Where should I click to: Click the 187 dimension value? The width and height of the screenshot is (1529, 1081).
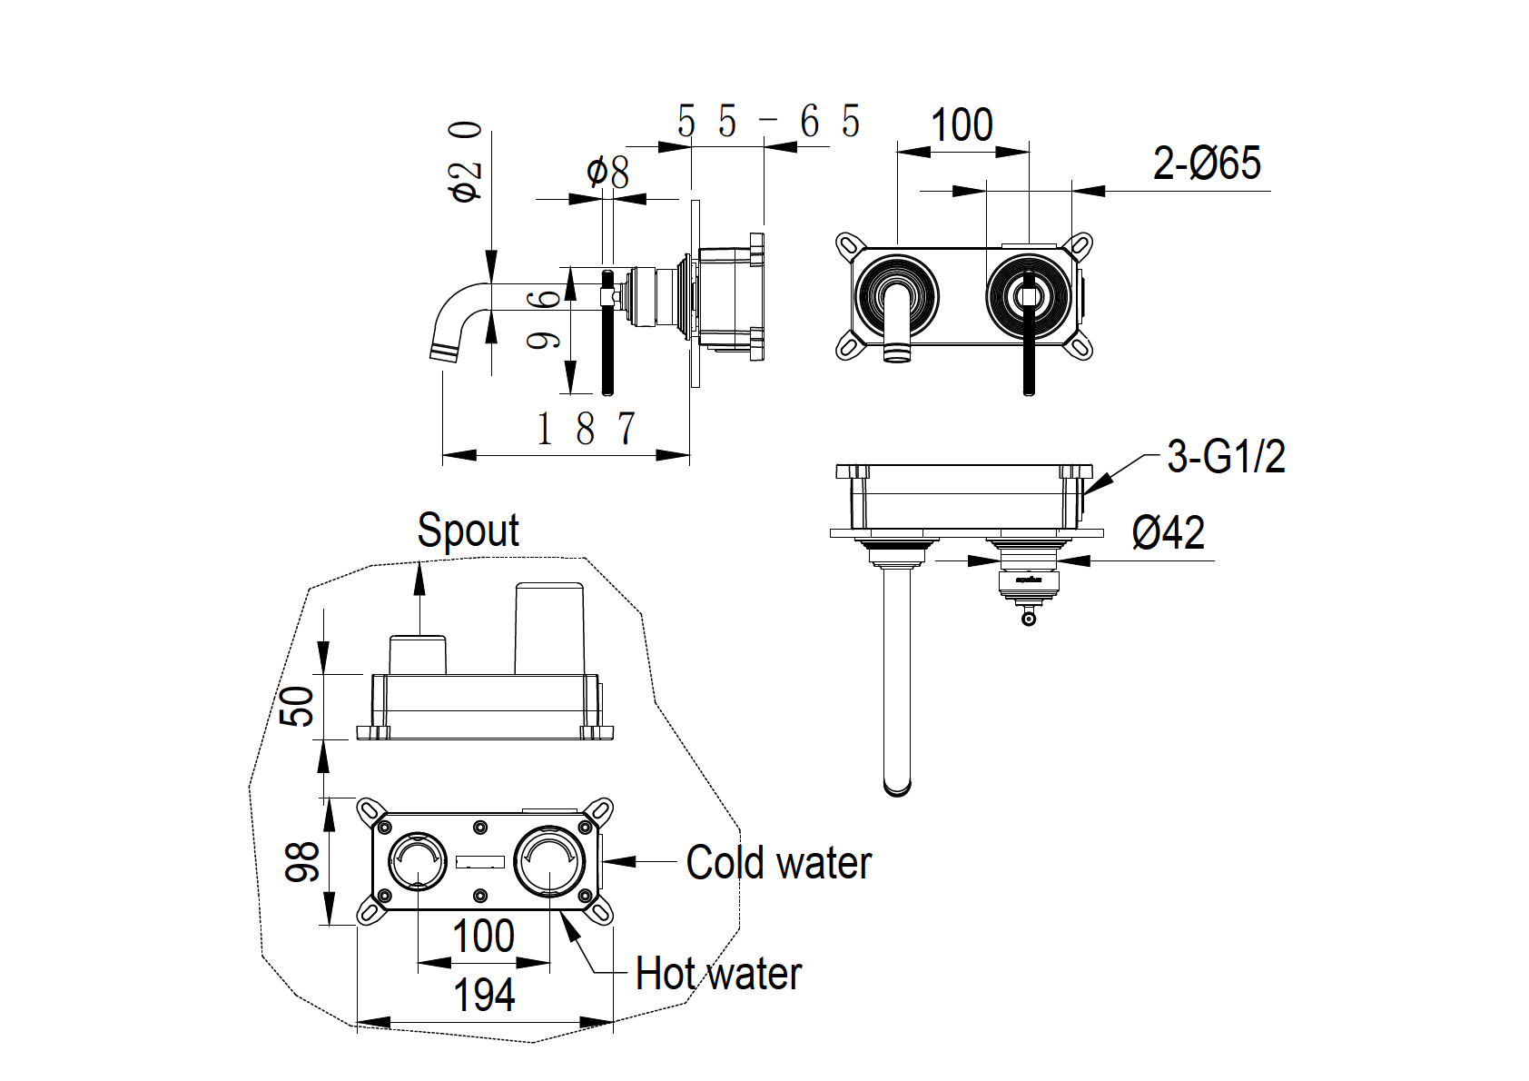(x=586, y=429)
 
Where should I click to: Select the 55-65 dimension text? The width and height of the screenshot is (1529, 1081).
(x=768, y=121)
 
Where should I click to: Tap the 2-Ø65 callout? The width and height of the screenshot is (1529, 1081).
(x=1207, y=164)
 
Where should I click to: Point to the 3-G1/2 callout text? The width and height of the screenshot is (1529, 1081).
(x=1226, y=456)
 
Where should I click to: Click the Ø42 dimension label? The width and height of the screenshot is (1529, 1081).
(x=1168, y=532)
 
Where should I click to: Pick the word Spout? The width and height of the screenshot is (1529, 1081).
(x=468, y=530)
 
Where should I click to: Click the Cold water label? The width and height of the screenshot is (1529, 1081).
(x=778, y=862)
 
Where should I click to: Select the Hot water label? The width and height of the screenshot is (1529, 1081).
(x=718, y=974)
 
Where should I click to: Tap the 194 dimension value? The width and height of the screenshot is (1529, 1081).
(x=484, y=995)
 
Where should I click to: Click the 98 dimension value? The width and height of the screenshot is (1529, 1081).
(x=302, y=861)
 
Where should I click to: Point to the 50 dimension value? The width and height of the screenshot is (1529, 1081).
(x=298, y=706)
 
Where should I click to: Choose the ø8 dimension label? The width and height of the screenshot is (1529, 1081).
(x=607, y=171)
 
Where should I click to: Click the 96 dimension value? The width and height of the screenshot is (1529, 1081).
(x=544, y=318)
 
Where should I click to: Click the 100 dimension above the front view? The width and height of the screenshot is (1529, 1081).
(x=962, y=124)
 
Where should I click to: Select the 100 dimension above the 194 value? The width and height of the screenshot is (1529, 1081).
(x=483, y=936)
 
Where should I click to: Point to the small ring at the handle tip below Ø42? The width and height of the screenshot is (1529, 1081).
(x=1028, y=620)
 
